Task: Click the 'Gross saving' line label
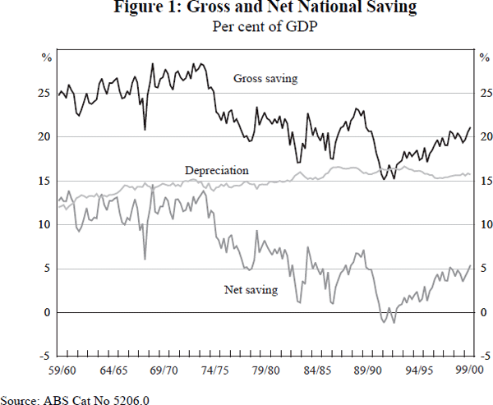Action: (x=265, y=79)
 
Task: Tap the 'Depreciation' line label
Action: (x=216, y=170)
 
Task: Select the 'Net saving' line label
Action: (x=251, y=289)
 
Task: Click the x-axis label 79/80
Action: (x=266, y=371)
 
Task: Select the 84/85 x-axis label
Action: (x=317, y=371)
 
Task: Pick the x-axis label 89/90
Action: (x=368, y=371)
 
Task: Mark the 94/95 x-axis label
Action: (x=419, y=371)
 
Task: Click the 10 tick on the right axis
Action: (x=485, y=224)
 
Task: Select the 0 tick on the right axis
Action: (x=482, y=312)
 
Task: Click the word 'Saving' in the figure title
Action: (x=389, y=10)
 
